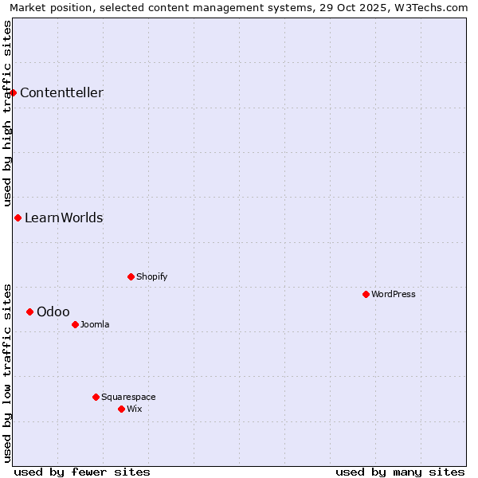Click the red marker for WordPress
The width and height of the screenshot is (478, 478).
[366, 294]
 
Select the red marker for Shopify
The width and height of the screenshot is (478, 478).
[131, 276]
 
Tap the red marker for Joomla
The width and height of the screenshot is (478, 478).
[75, 324]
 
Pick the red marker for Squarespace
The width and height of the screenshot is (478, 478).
[96, 397]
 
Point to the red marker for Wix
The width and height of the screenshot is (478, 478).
[121, 409]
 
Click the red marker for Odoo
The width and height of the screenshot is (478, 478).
[29, 311]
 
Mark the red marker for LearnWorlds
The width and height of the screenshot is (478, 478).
[18, 217]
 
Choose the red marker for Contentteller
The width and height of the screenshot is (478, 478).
[14, 92]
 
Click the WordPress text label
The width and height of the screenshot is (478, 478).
[394, 294]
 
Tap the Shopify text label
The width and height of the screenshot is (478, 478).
[151, 276]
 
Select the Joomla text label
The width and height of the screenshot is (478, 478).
[95, 324]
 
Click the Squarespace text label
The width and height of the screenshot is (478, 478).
[128, 397]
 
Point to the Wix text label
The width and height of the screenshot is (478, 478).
[134, 409]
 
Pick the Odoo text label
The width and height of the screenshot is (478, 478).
[53, 311]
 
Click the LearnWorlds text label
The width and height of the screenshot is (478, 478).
[64, 217]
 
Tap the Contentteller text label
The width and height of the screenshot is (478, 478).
[61, 92]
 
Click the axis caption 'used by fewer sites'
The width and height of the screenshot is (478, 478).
[82, 472]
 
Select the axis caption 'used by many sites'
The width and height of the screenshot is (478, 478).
[400, 472]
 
